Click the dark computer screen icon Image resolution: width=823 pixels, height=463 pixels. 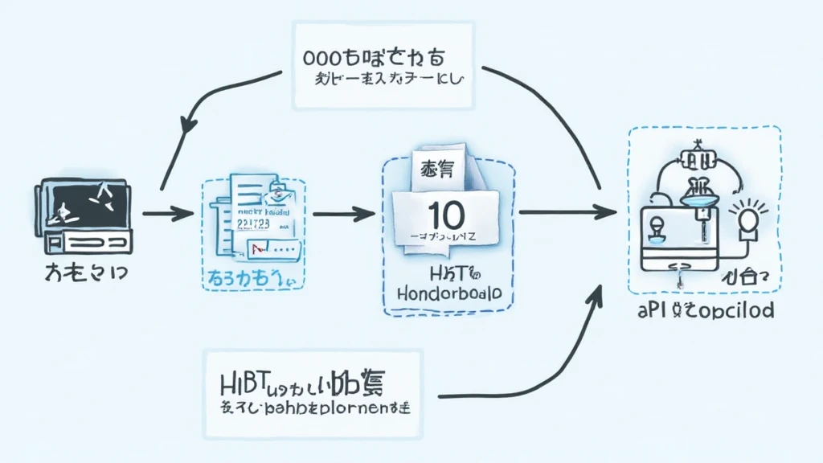[80, 202]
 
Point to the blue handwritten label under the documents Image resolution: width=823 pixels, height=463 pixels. [249, 278]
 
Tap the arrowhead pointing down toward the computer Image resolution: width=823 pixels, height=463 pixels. [190, 124]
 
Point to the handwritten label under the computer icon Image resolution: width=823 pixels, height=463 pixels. [80, 272]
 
